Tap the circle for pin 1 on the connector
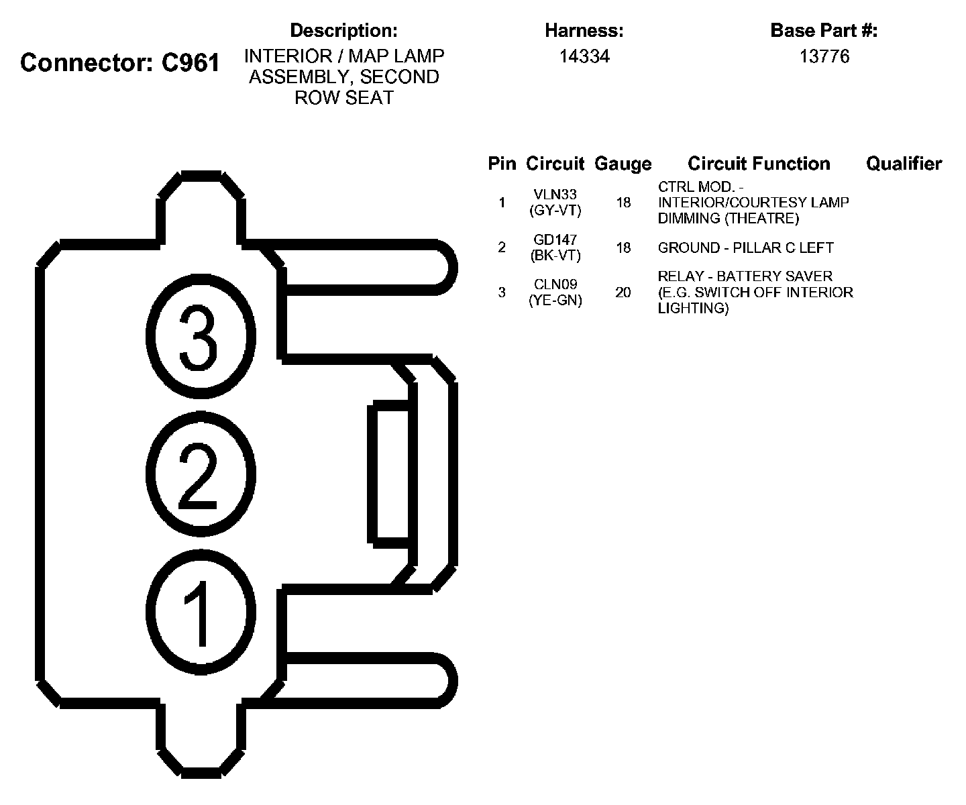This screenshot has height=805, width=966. (201, 612)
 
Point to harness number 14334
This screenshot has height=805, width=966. (584, 56)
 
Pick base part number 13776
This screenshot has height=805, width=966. (824, 56)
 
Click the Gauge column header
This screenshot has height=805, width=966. (623, 164)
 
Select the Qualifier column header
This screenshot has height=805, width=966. (904, 164)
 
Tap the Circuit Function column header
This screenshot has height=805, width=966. (759, 164)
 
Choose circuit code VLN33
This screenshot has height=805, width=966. (555, 195)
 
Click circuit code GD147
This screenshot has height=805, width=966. (555, 239)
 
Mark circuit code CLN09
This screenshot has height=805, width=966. (555, 284)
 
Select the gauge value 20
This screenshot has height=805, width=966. (623, 292)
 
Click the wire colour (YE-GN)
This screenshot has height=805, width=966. (555, 301)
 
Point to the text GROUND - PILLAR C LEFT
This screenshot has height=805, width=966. (745, 248)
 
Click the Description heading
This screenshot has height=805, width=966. (343, 30)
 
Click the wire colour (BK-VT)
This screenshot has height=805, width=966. (555, 256)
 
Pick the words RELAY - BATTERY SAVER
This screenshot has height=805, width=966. (745, 276)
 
